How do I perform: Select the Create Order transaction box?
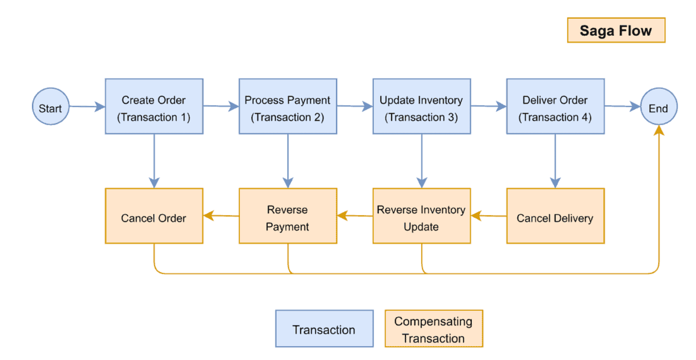(154, 107)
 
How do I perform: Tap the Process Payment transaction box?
(288, 107)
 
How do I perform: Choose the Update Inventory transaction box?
(421, 107)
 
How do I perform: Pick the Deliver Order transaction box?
(555, 107)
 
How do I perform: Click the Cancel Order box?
(154, 216)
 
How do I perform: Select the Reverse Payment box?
(288, 216)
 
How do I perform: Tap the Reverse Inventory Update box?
(421, 216)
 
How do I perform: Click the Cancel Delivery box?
(555, 216)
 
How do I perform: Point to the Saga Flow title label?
(616, 30)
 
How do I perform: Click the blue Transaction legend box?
(324, 328)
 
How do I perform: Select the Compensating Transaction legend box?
(434, 328)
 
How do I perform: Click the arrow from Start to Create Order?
(87, 107)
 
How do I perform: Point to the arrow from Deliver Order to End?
(622, 107)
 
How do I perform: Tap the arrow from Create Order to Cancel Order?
(154, 161)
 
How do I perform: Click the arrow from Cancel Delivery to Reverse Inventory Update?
(488, 216)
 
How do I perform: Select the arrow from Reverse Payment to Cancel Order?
(221, 216)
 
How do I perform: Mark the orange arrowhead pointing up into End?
(659, 131)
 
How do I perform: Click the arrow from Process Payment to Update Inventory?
(355, 107)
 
